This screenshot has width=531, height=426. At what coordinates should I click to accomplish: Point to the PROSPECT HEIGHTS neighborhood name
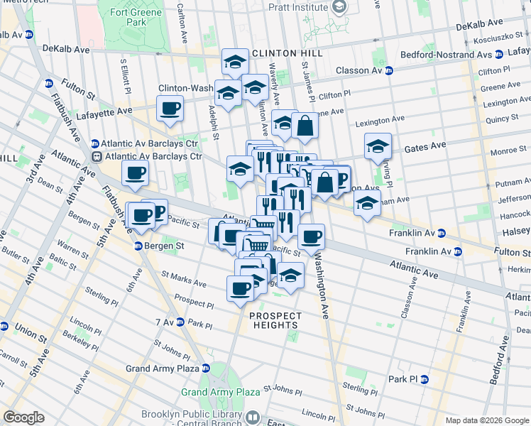(275, 320)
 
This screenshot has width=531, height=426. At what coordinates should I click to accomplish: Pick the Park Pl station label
(407, 379)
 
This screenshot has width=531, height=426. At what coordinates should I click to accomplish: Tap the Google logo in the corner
(23, 417)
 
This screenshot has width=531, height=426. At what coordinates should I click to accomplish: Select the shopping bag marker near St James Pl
(305, 126)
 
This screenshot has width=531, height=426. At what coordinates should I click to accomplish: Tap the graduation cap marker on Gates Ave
(378, 146)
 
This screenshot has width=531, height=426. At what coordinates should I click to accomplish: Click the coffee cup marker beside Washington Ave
(310, 236)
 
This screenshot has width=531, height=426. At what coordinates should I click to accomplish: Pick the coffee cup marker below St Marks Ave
(240, 288)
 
